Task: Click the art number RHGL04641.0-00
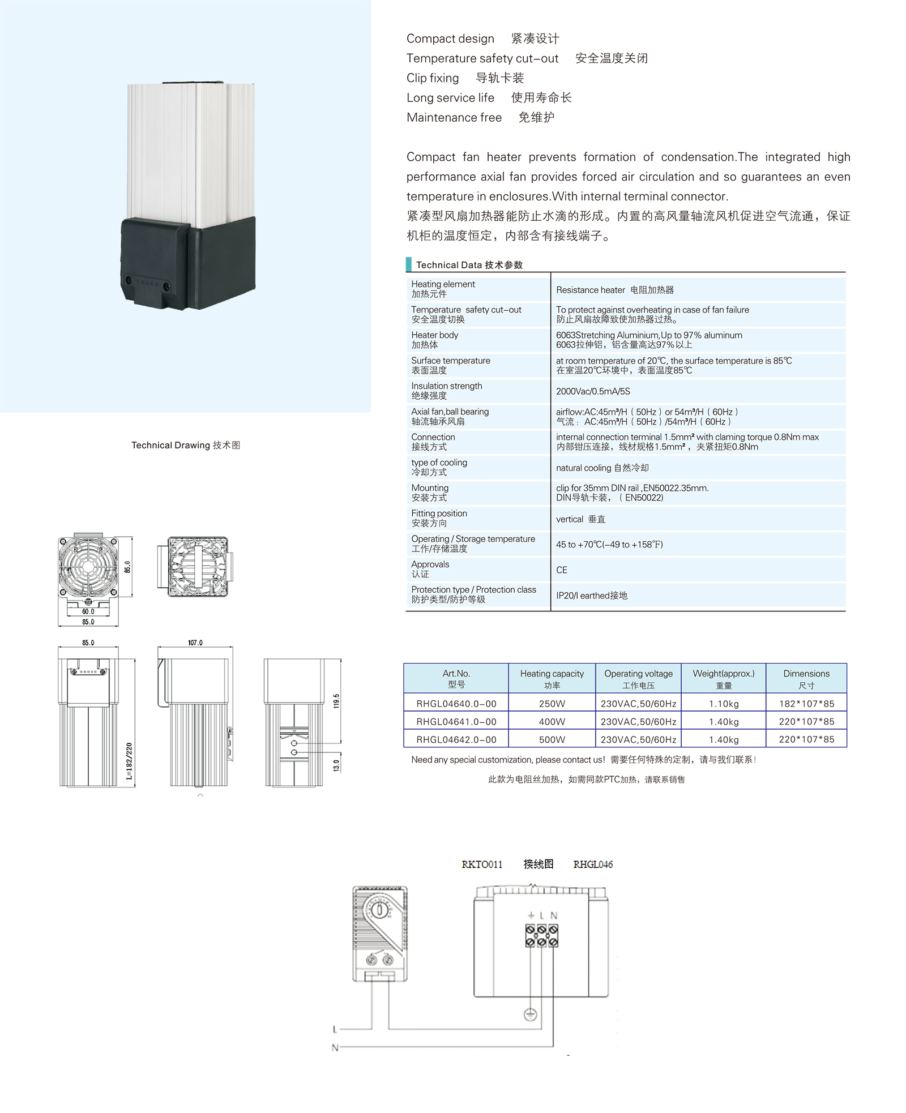tap(456, 722)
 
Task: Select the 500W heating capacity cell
tap(552, 739)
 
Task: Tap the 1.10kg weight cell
tap(724, 704)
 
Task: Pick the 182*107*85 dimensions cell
tap(806, 704)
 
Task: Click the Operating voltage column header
tap(638, 678)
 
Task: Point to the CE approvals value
tap(562, 570)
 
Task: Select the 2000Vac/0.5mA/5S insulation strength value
tap(593, 391)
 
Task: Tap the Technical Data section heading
tap(469, 265)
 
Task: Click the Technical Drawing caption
tap(186, 446)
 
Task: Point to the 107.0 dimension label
tap(195, 643)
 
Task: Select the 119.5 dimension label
tap(336, 701)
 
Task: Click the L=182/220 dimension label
tap(129, 761)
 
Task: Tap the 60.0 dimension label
tap(88, 611)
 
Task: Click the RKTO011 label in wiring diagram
tap(482, 864)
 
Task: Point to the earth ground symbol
tap(530, 1014)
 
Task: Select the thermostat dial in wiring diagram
tap(381, 911)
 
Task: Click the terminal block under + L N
tap(541, 935)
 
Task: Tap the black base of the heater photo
tap(189, 263)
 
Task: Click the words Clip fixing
tap(433, 78)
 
